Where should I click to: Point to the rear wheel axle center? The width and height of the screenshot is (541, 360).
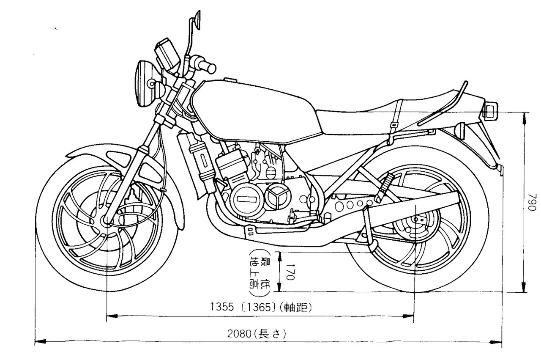416,220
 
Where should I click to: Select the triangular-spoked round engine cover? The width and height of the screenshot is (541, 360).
276,196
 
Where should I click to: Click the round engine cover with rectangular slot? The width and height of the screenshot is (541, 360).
244,199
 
